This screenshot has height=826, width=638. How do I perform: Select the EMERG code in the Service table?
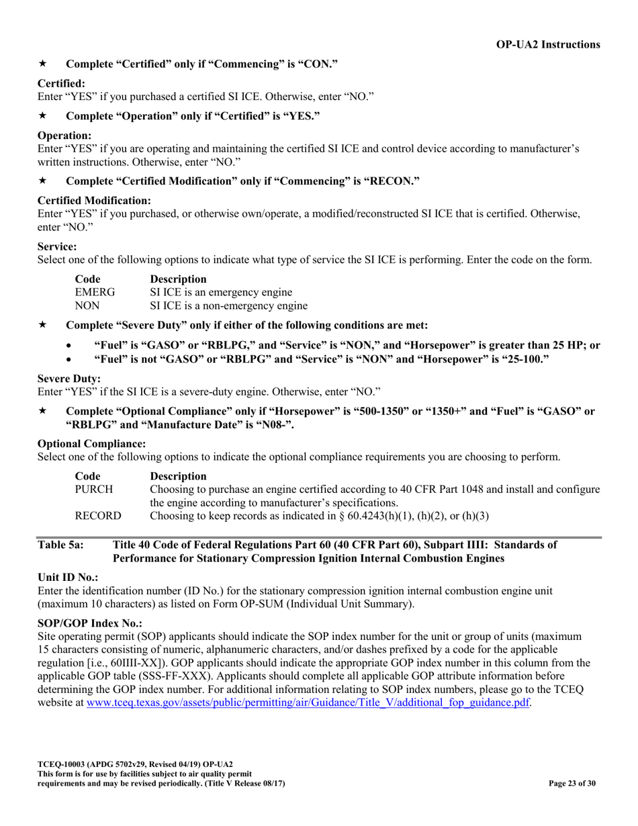point(94,292)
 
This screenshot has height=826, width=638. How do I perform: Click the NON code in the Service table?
point(87,306)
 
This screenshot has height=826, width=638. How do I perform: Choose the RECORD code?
point(97,516)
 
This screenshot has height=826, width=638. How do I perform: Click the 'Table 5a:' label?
point(60,545)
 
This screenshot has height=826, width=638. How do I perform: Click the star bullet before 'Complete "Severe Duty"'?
point(42,325)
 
